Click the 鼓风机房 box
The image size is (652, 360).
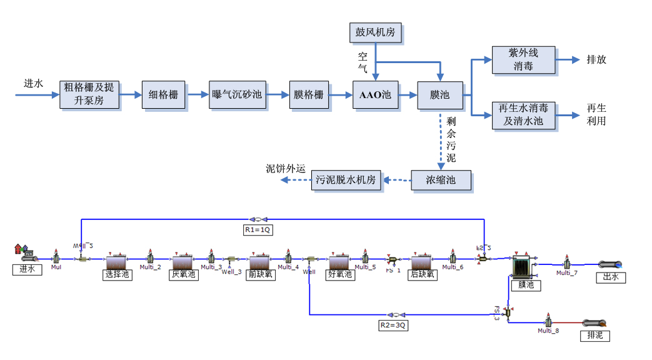tap(375, 32)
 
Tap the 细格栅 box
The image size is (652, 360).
tap(164, 95)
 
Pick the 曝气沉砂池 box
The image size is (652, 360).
tap(238, 95)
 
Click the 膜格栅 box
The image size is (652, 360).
tap(309, 95)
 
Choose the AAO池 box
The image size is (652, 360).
tap(375, 95)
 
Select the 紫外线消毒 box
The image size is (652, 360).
tap(523, 60)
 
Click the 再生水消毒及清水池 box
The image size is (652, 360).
tap(523, 116)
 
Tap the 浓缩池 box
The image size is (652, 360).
tap(441, 181)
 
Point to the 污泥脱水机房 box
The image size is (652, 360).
tap(346, 180)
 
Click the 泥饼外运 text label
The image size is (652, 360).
tap(285, 169)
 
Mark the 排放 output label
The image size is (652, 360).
tap(596, 60)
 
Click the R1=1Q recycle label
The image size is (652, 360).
tap(258, 229)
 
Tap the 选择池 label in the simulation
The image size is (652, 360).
tap(118, 274)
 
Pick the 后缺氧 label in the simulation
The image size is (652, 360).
tap(423, 274)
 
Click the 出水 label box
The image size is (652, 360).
tap(610, 277)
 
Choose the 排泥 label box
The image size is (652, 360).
tap(595, 336)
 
